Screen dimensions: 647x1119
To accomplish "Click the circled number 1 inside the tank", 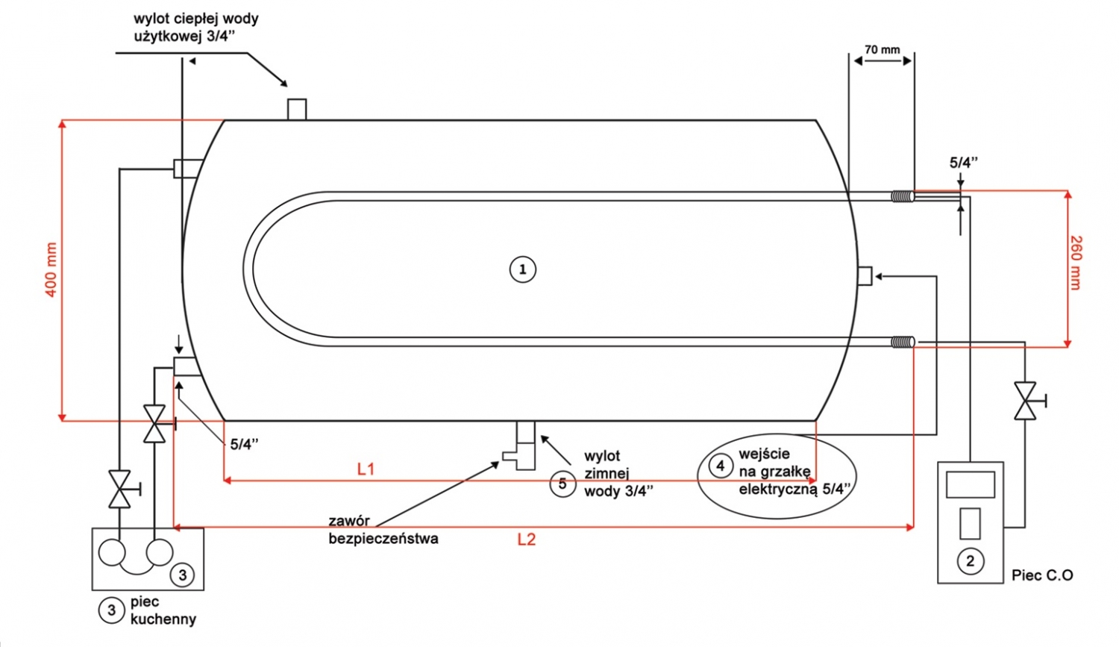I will pos(522,269).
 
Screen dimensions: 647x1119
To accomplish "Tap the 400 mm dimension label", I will pos(51,269).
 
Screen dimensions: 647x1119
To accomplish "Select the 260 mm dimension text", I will pos(1075,263).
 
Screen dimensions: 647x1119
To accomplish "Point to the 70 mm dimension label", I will pos(882,50).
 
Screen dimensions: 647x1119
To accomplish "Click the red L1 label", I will pos(366,469).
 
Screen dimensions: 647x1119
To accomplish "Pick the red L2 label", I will pos(527,540).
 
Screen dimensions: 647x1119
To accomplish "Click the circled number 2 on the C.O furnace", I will pos(970,560).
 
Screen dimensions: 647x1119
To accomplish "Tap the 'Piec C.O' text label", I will pos(1042,575).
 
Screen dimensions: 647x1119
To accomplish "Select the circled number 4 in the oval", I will pos(720,466).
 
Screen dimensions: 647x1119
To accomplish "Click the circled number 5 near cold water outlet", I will pos(562,484).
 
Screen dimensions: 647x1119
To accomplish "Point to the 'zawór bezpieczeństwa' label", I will pos(383,529).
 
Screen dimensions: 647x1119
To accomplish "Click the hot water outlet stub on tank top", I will pos(297,110).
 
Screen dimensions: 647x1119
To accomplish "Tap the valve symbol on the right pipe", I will pos(1026,401).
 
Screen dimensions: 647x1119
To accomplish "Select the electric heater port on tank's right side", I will pos(864,276).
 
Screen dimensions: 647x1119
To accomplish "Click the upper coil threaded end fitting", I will pos(902,196).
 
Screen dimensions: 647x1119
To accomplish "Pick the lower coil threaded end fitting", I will pos(903,343).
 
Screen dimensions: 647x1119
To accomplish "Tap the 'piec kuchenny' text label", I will pos(163,610).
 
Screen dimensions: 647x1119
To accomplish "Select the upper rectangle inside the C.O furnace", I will pos(970,485).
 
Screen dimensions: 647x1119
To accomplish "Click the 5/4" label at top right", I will pos(963,162).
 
